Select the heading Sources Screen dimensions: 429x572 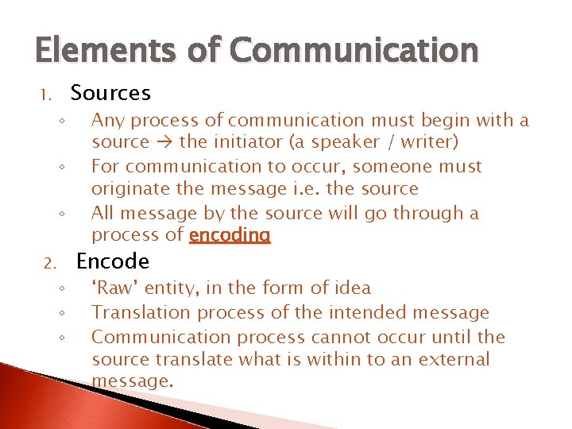pos(110,94)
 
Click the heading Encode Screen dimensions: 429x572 pos(112,261)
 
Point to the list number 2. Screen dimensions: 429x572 pos(48,263)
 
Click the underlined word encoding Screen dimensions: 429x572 pos(230,235)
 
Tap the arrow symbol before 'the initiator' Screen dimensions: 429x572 pos(164,143)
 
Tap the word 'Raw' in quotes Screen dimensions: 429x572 pos(114,288)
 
